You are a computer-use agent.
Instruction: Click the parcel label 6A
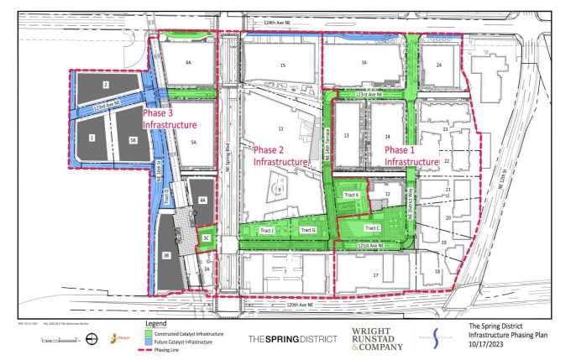[x=189, y=63]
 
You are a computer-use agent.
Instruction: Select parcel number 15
[x=283, y=65]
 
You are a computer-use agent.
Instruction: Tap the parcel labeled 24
[x=438, y=65]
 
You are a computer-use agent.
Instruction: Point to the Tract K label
[x=351, y=195]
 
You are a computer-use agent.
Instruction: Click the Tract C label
[x=373, y=227]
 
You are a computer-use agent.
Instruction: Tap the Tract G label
[x=308, y=229]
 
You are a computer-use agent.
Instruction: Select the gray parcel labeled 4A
[x=202, y=200]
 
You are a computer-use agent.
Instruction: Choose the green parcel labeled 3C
[x=206, y=237]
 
